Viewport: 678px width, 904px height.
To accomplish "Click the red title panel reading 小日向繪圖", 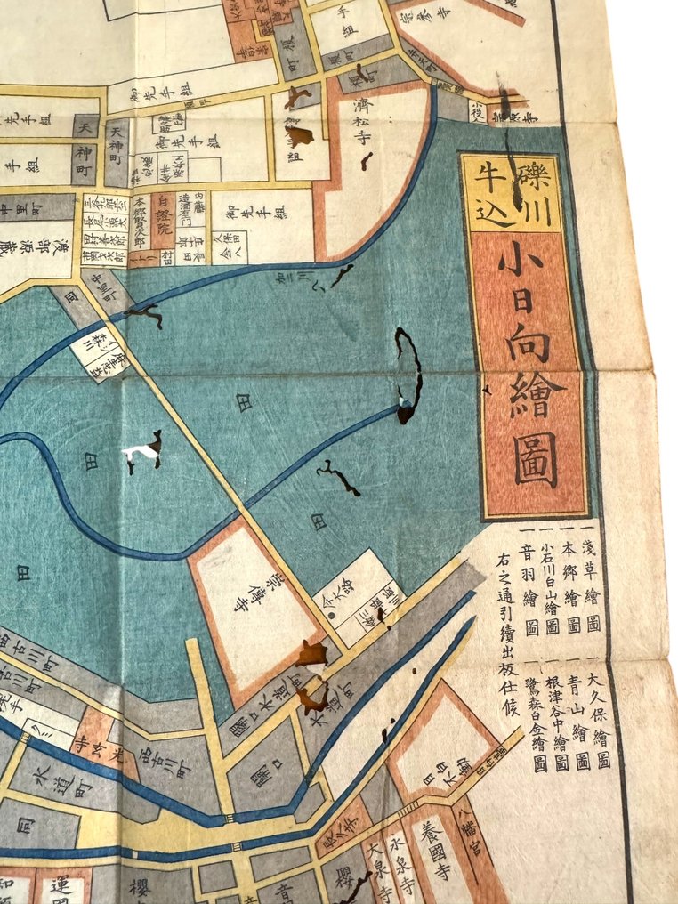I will coord(531,374).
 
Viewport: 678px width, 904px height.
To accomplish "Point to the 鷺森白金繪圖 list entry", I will coord(540,721).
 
